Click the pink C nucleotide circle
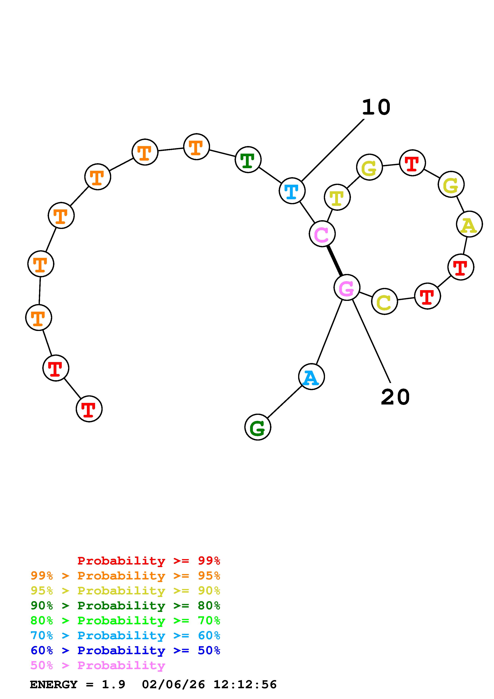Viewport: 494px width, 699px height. click(x=322, y=234)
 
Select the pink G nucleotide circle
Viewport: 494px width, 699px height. click(x=347, y=287)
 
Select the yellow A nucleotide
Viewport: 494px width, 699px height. click(x=469, y=224)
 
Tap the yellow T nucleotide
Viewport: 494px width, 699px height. click(x=337, y=197)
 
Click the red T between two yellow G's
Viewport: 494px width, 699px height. click(x=412, y=163)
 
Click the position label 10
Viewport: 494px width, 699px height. click(x=376, y=107)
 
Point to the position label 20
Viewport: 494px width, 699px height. click(x=395, y=397)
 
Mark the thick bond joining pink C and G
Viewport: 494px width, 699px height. click(x=335, y=261)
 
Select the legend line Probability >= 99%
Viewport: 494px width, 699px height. click(x=148, y=561)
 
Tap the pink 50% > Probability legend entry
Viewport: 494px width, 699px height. click(x=98, y=665)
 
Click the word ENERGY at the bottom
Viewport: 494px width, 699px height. click(x=54, y=684)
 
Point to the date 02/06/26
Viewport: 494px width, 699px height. click(x=173, y=684)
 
